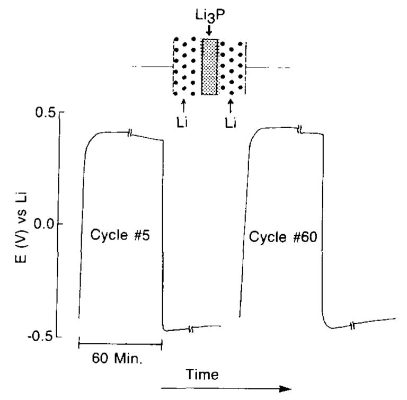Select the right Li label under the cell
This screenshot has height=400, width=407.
click(230, 122)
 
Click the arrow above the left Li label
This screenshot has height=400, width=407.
click(184, 104)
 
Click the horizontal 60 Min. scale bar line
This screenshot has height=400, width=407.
click(120, 345)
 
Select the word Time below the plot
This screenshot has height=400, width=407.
click(202, 375)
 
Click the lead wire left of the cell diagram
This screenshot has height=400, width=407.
click(154, 67)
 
